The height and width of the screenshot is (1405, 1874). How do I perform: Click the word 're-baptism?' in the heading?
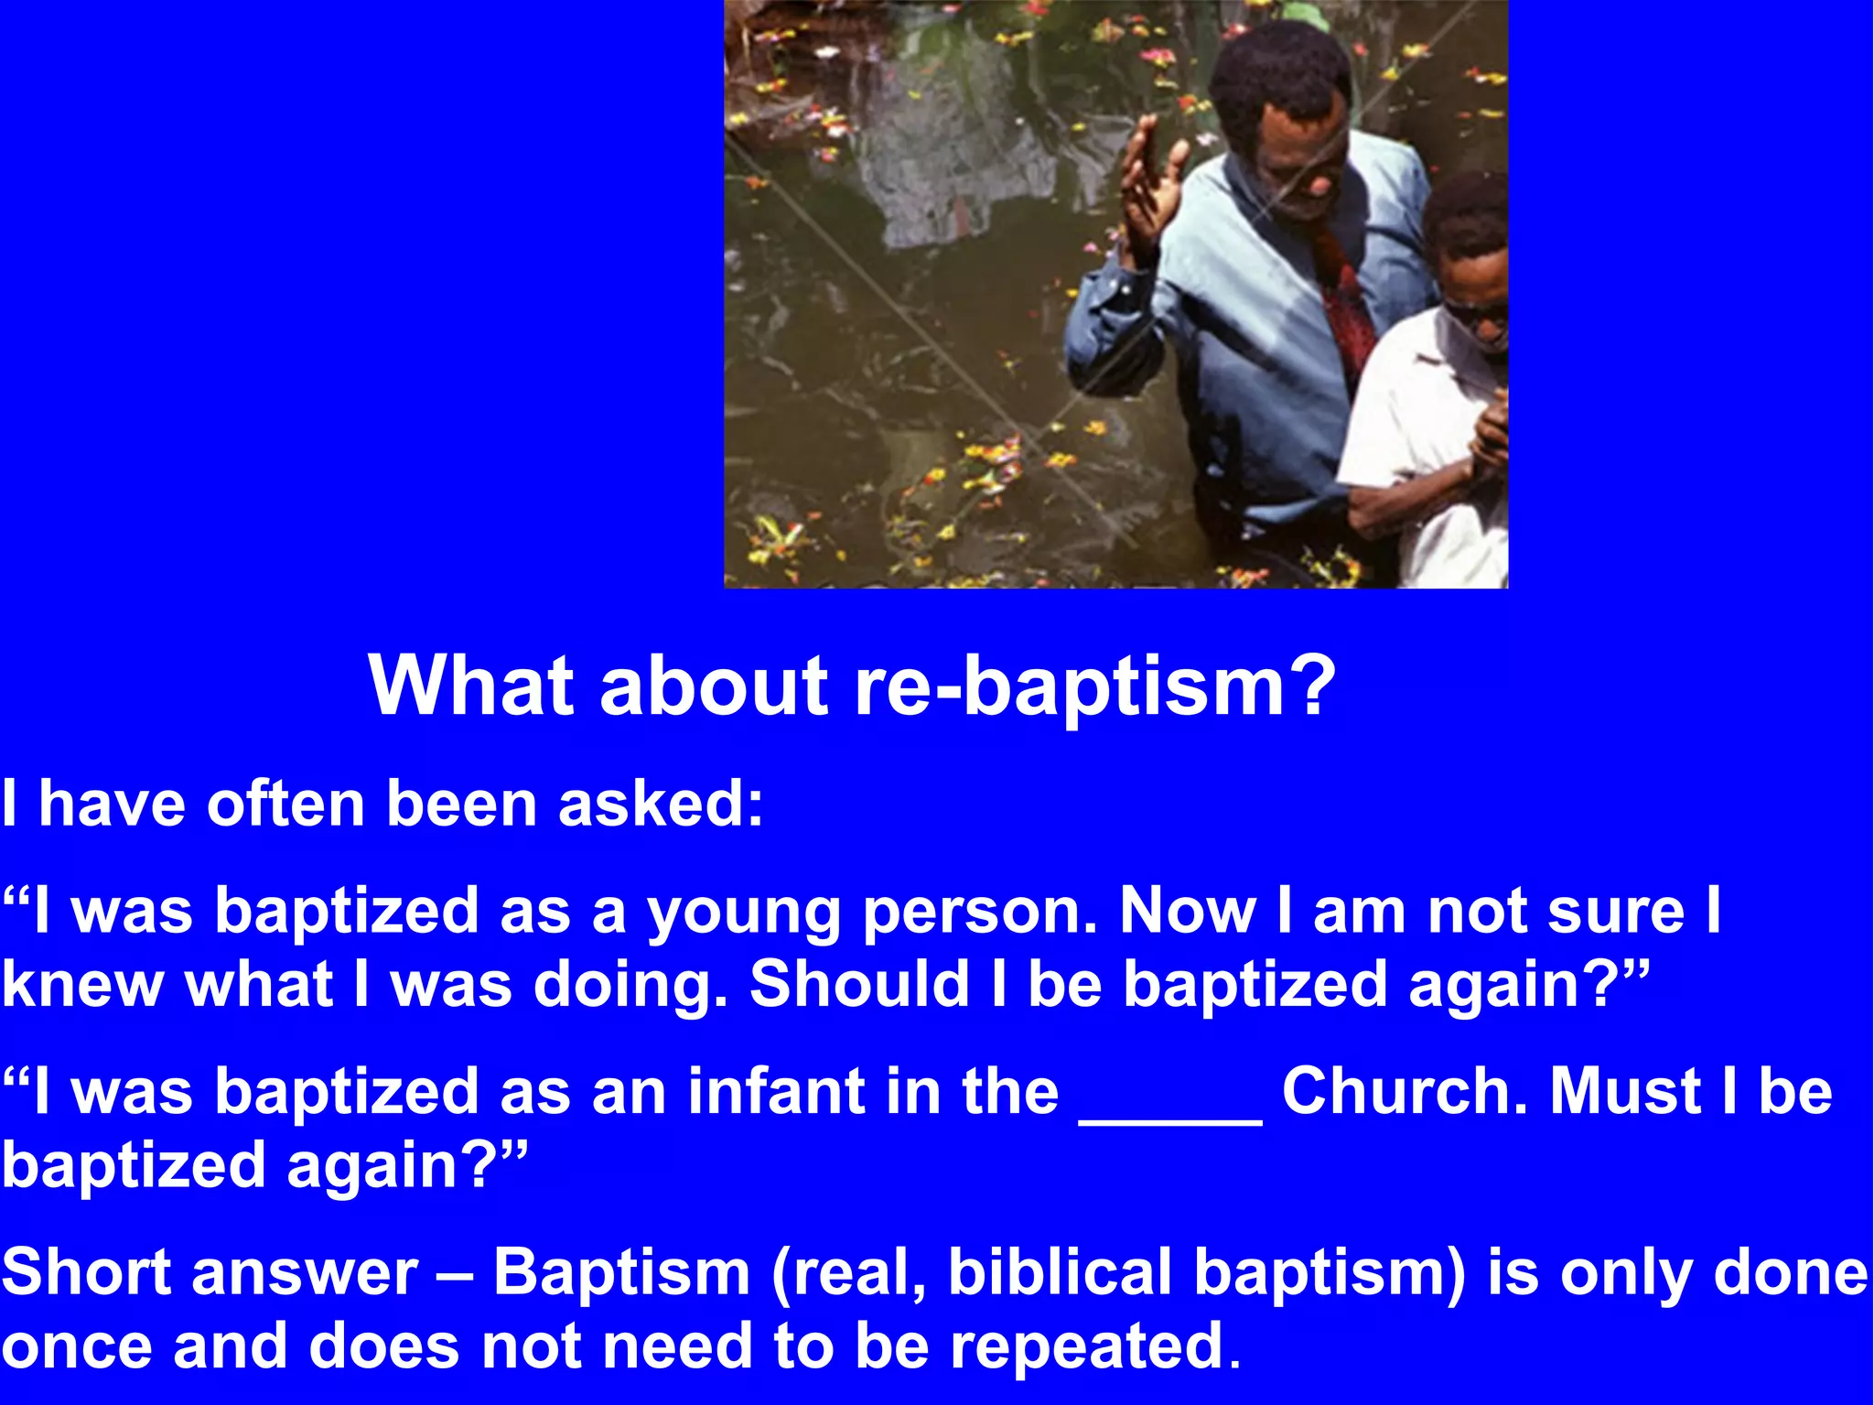pos(1094,687)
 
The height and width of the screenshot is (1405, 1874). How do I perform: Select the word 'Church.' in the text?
pos(1405,1092)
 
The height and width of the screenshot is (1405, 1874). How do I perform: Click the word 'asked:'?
pos(661,805)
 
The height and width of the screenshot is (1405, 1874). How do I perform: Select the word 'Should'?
pos(858,984)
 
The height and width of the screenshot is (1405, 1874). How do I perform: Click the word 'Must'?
pos(1625,1092)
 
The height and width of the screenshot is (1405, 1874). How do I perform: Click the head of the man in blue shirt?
pos(1286,110)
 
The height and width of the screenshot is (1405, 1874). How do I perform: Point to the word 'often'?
pos(285,805)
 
